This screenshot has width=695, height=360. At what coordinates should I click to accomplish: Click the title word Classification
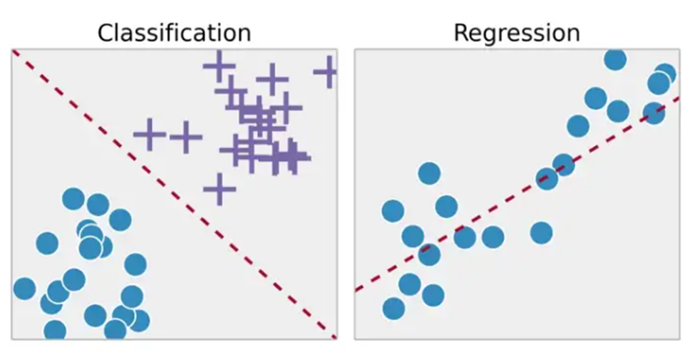click(x=174, y=34)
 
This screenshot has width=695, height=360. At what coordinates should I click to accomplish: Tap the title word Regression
click(x=517, y=34)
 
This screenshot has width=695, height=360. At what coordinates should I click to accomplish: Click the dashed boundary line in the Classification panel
click(x=174, y=194)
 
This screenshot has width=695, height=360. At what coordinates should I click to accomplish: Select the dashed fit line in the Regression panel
click(x=518, y=194)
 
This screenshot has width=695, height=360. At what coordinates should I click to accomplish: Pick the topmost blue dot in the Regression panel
click(x=614, y=60)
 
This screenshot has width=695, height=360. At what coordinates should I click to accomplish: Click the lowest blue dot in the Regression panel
click(x=393, y=309)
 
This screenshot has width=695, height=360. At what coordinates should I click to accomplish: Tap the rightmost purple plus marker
click(x=329, y=72)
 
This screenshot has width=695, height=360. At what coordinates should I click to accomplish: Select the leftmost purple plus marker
click(x=150, y=134)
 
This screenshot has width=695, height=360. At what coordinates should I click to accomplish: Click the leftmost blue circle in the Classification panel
click(x=24, y=289)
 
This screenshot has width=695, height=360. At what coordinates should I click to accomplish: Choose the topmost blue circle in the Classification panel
click(x=73, y=199)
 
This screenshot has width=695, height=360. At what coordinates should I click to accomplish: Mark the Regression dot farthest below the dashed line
click(x=541, y=233)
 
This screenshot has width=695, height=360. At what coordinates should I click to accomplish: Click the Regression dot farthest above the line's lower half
click(x=429, y=173)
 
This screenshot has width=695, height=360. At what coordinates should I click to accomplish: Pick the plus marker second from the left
click(x=186, y=138)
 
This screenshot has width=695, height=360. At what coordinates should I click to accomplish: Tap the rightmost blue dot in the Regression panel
click(x=664, y=74)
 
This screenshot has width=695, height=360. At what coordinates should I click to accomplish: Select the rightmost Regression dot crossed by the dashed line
click(x=654, y=113)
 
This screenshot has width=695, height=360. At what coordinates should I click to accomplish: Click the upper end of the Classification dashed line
click(x=13, y=51)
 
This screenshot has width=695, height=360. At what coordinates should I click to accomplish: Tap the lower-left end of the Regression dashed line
click(x=356, y=291)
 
